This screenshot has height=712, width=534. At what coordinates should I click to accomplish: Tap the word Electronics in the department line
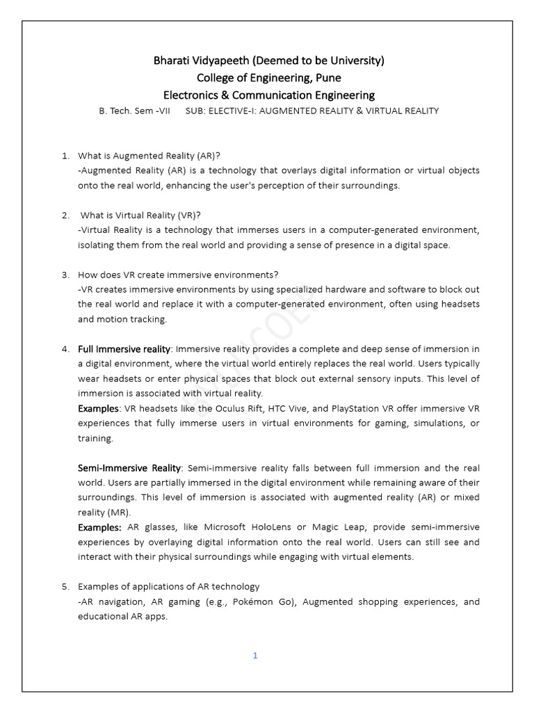point(197,95)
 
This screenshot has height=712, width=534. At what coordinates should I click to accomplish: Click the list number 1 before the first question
point(65,156)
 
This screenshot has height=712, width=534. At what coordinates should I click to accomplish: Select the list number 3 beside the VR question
point(65,275)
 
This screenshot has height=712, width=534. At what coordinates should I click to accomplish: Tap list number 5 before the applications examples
point(65,587)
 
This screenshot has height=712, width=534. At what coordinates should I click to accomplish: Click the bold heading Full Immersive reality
point(124,349)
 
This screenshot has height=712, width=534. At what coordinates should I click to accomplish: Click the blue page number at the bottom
point(255,655)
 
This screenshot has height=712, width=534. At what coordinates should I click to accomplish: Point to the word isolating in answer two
point(98,245)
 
